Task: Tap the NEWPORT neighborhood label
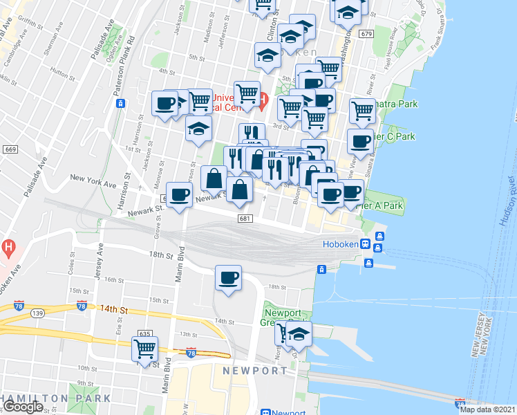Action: [x=254, y=371]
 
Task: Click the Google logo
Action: [x=23, y=407]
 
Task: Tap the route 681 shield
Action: [x=245, y=219]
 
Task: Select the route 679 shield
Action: [x=366, y=34]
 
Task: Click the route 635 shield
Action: [x=144, y=333]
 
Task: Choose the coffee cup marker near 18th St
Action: [x=229, y=278]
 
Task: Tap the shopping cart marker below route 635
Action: [x=145, y=349]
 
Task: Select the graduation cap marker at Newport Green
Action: [x=299, y=334]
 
